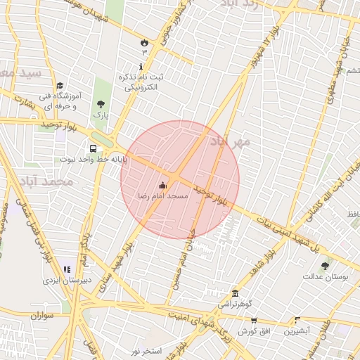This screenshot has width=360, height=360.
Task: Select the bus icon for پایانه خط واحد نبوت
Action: click(x=93, y=148)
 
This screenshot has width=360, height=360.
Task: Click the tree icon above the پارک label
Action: click(x=101, y=104)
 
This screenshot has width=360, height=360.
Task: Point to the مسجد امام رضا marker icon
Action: click(x=164, y=186)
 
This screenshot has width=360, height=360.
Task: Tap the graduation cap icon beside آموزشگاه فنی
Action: click(x=59, y=86)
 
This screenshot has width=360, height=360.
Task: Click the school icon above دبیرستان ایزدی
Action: click(x=67, y=269)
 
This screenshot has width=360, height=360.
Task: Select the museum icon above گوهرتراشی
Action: click(x=235, y=293)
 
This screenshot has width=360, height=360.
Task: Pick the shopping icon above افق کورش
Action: click(x=254, y=321)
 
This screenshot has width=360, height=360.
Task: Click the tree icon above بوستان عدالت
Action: click(x=325, y=266)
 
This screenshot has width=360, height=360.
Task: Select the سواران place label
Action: click(x=42, y=316)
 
